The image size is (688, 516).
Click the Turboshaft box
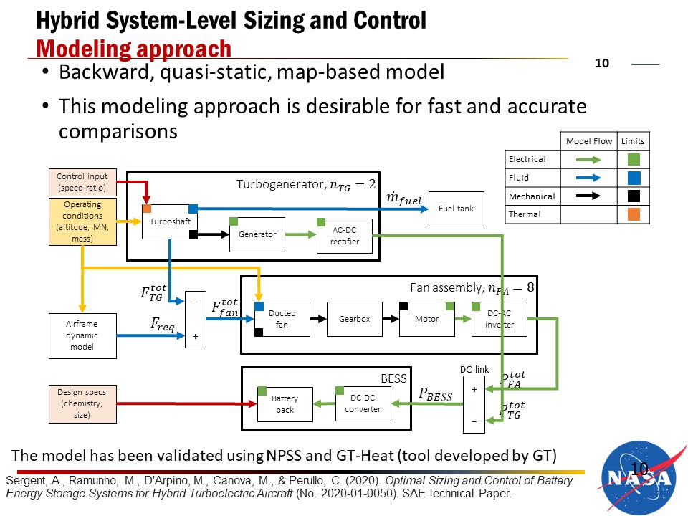click(x=170, y=221)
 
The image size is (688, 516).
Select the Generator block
click(x=257, y=234)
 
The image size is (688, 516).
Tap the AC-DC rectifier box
click(x=345, y=236)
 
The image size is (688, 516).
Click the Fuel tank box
click(x=456, y=209)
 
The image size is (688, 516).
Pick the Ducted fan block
click(x=282, y=319)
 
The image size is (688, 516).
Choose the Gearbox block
click(x=354, y=319)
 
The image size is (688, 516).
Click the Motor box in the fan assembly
click(x=427, y=319)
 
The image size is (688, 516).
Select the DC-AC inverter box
click(x=499, y=319)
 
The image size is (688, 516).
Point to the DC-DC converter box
click(x=362, y=403)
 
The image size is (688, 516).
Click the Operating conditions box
click(x=82, y=223)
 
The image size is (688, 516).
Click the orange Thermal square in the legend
click(x=634, y=214)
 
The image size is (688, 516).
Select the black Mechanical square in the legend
click(x=634, y=196)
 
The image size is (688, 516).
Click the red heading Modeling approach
click(x=134, y=49)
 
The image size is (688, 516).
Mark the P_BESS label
click(x=435, y=395)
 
